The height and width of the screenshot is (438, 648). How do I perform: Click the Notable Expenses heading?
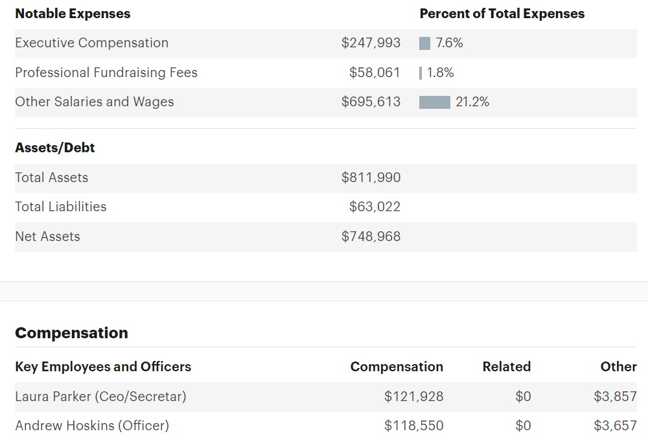coord(73,14)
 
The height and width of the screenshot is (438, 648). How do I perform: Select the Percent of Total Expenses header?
coord(502,14)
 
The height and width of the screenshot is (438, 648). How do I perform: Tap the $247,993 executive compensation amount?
coord(371,43)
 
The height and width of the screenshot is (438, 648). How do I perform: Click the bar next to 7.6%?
coord(425,43)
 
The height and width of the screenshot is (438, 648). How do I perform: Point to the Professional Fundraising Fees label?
coord(106,73)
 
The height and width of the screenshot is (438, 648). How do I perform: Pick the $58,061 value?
coord(375,73)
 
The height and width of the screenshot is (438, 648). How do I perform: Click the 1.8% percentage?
coord(441,73)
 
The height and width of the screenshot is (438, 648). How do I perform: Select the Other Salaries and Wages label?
coord(95,102)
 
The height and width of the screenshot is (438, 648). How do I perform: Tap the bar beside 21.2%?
coord(435,102)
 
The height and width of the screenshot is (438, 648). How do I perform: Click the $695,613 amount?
coord(371,102)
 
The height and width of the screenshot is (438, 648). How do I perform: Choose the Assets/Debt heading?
coord(55,148)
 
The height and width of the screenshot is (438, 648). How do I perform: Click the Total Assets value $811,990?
coord(371,178)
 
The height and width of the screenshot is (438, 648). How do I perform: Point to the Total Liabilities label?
coord(61,207)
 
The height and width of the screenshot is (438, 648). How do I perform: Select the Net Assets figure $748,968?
coord(371,236)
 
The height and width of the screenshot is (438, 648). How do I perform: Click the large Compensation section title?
coord(71,333)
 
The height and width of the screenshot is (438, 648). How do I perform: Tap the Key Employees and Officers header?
coord(103,367)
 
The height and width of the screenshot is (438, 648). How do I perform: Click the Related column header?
coord(506,367)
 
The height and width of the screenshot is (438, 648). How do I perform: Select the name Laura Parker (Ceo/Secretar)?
coord(100,397)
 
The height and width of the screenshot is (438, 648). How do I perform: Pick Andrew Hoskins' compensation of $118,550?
coord(413,426)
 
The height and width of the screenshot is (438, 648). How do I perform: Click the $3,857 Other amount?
coord(615,397)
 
